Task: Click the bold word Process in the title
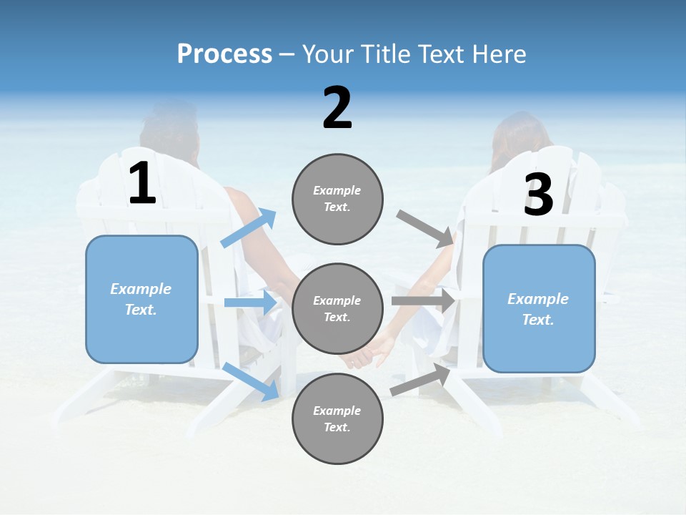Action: (x=224, y=54)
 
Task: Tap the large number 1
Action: (x=142, y=183)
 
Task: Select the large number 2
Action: (x=337, y=108)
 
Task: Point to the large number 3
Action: (x=538, y=195)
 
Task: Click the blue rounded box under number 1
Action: (x=141, y=299)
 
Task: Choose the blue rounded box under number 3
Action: (x=539, y=309)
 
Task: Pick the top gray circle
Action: (x=337, y=199)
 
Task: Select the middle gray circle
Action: (x=337, y=309)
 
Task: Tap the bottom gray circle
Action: (x=337, y=419)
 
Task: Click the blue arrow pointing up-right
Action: (x=249, y=228)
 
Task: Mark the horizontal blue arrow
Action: (x=250, y=303)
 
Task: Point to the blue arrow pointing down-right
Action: (x=250, y=381)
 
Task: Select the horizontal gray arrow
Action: (x=423, y=301)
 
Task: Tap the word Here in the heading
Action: (x=500, y=54)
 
